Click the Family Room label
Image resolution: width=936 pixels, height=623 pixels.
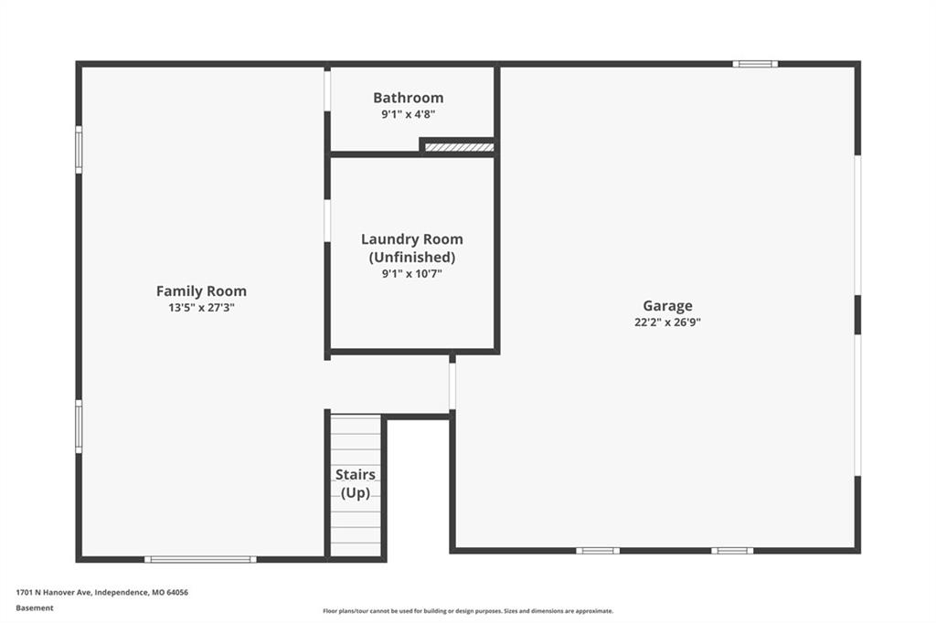[201, 291]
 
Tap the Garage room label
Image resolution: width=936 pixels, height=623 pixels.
[667, 305]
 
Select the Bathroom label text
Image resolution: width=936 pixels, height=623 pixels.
[409, 97]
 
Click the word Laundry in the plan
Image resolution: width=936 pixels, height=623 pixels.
[388, 239]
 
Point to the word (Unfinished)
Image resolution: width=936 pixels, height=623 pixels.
[412, 258]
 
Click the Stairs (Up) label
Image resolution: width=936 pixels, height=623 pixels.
[356, 483]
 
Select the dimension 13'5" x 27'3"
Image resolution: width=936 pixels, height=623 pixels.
[201, 308]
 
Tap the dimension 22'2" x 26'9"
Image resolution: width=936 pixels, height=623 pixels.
[667, 322]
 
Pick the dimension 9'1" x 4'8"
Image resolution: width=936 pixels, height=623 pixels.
[409, 114]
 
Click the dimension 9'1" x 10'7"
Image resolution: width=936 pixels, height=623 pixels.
[412, 274]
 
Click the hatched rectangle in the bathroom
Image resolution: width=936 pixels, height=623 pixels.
[459, 147]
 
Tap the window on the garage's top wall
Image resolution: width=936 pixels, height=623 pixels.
[755, 64]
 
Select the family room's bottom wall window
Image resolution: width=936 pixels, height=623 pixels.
[200, 559]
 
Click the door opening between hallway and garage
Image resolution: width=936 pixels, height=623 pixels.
[452, 386]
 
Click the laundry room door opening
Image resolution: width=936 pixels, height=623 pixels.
[327, 220]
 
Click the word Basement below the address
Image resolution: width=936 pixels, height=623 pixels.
[35, 608]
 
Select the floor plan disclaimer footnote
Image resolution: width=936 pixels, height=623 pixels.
[468, 611]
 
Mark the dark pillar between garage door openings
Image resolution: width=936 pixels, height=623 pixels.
[857, 315]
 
